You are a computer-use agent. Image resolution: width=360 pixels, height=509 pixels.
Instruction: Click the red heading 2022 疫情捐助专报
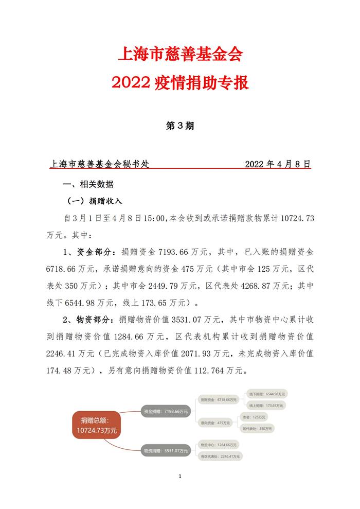click(179, 83)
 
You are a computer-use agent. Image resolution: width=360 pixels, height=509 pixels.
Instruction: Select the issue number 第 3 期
click(179, 126)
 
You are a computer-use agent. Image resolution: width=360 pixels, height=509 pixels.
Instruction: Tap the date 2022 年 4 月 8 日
click(278, 165)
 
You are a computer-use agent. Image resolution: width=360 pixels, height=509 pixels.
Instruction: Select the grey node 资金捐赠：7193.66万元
click(165, 411)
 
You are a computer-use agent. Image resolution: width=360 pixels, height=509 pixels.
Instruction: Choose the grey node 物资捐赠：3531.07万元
click(165, 450)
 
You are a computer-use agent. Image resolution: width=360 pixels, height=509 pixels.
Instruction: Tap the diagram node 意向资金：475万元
click(215, 423)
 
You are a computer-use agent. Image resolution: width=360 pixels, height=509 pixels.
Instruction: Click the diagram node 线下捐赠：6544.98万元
click(267, 393)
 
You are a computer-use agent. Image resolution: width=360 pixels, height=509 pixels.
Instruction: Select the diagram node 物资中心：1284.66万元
click(218, 445)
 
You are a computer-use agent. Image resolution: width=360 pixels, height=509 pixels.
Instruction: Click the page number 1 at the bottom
click(180, 477)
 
